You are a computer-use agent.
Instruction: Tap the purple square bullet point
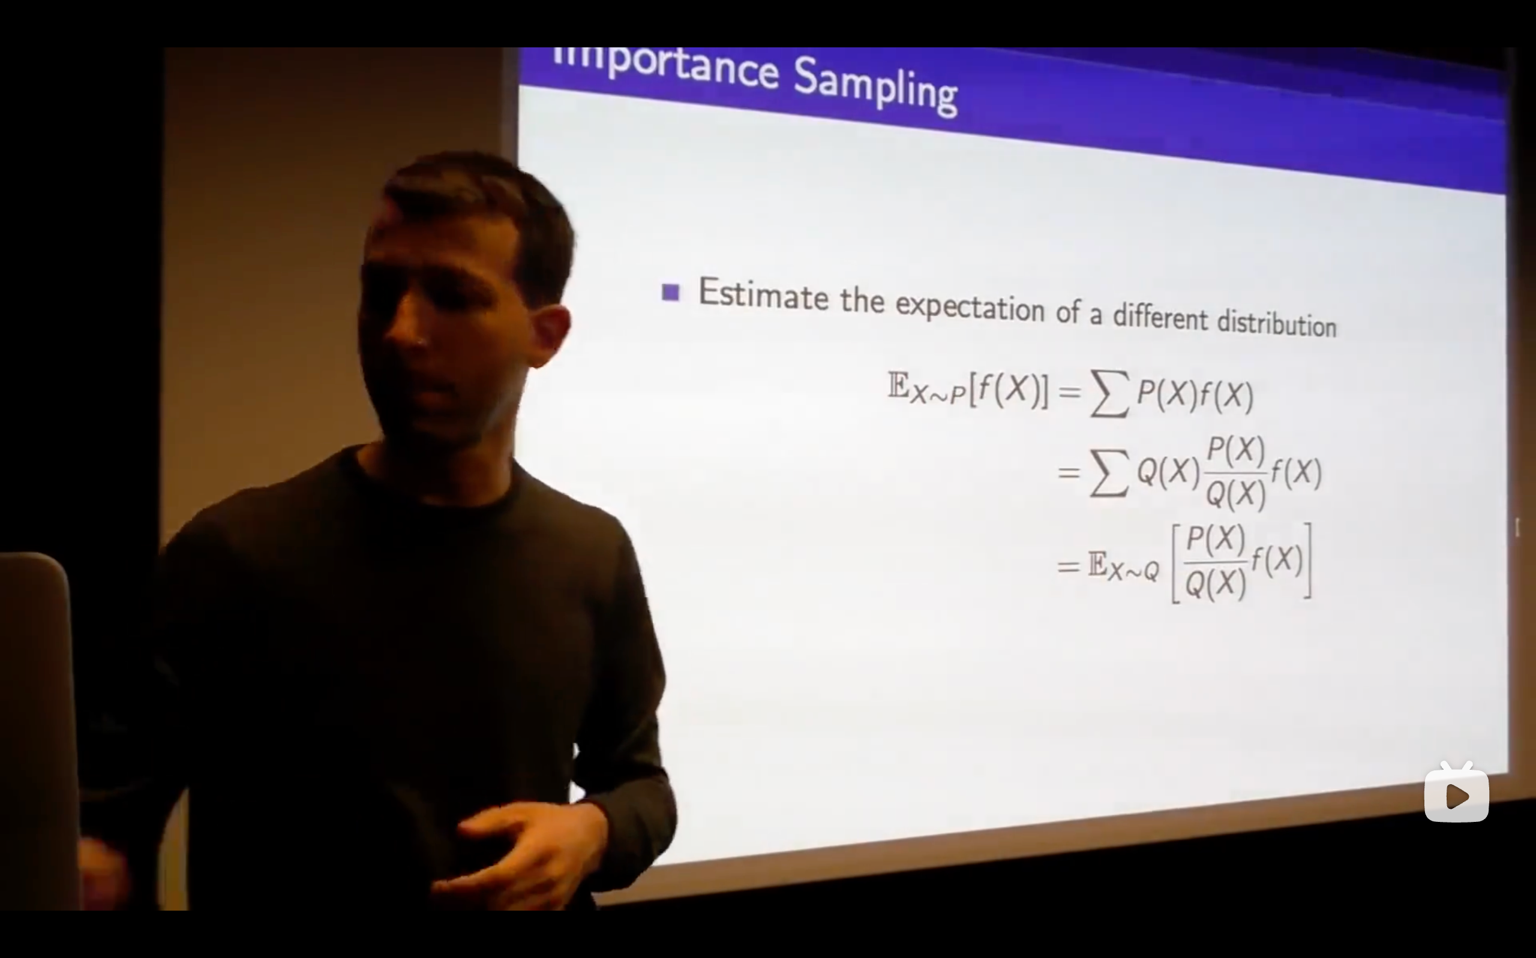pos(671,292)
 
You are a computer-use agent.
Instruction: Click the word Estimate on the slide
pos(763,294)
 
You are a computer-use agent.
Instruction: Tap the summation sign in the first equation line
pos(1109,393)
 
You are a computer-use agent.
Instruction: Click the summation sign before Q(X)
pos(1109,472)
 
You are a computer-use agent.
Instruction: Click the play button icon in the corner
pos(1456,794)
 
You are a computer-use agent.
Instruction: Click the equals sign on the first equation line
pos(1069,393)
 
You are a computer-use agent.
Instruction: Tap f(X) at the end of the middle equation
pos(1297,473)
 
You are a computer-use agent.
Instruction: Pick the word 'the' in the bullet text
pos(862,300)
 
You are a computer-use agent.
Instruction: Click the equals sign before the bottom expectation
pos(1069,566)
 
